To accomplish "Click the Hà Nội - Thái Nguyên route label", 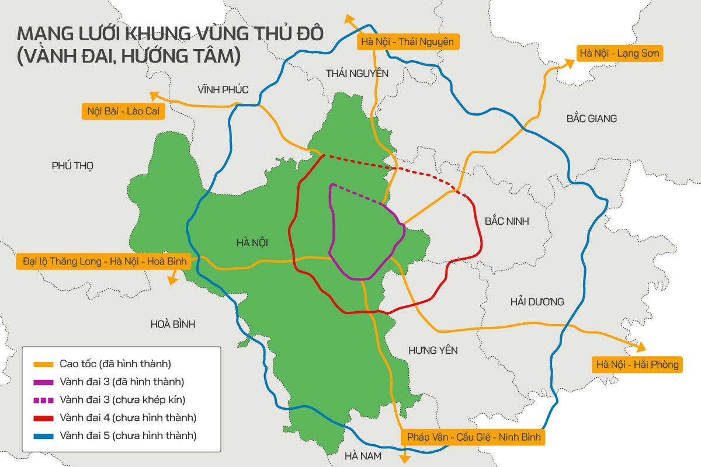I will [407, 42].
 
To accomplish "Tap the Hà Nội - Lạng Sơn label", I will [619, 54].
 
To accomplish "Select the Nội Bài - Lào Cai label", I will [123, 111].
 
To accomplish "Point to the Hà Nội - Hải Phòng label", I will [637, 365].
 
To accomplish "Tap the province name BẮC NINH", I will [506, 221].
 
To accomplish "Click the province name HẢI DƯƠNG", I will [537, 302].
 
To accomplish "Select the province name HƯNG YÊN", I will [433, 350].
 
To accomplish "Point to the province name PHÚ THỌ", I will [72, 166].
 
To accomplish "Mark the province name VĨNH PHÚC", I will [223, 90].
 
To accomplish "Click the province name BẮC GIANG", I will [591, 119].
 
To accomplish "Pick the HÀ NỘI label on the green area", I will [252, 242].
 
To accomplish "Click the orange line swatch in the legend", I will [44, 364].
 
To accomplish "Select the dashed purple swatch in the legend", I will [44, 400].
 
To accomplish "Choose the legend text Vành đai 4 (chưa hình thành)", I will [127, 418].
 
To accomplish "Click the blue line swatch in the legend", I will [44, 436].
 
